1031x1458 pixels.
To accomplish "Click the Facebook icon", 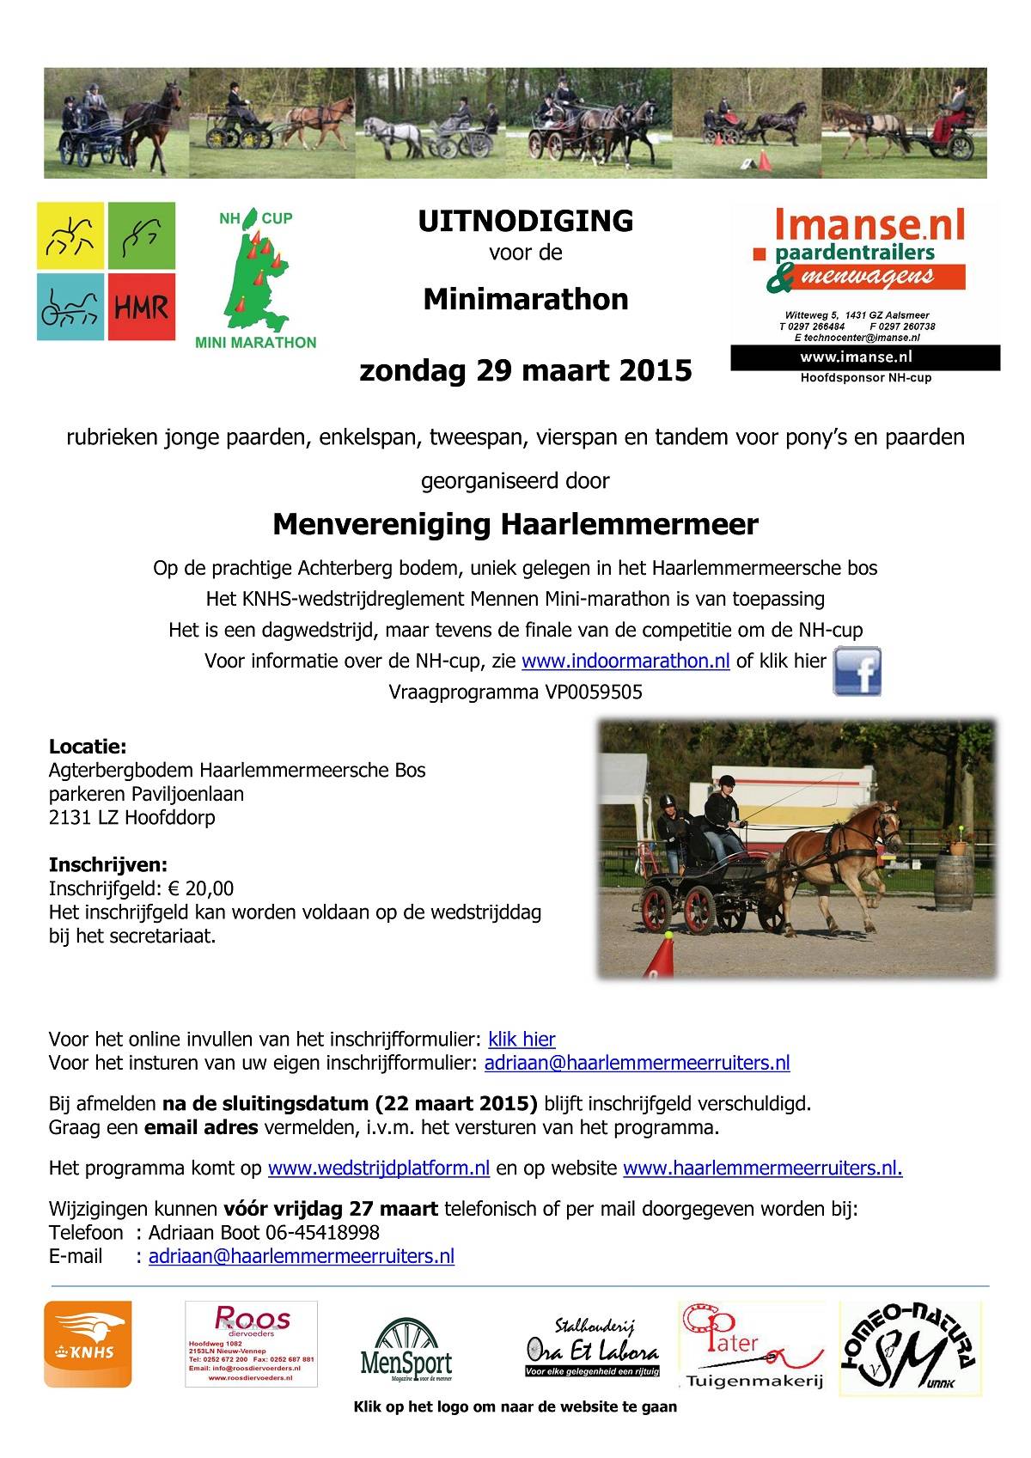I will [857, 671].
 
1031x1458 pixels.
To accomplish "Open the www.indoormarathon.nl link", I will [625, 662].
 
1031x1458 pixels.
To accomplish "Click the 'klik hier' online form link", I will [522, 1039].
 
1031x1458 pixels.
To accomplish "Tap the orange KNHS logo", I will [88, 1344].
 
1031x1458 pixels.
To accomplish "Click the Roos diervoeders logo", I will [251, 1343].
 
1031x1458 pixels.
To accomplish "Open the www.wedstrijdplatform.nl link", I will [379, 1168].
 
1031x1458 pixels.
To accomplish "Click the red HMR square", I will [142, 307].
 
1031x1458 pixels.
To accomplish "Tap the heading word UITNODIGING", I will [525, 222].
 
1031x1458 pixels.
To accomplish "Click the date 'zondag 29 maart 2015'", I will [525, 370].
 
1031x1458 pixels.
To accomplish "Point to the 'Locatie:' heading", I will [88, 747].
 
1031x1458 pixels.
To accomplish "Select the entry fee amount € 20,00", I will [202, 888].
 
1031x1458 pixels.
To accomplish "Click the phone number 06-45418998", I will [320, 1233].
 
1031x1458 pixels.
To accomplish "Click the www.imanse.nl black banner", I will [865, 357].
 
